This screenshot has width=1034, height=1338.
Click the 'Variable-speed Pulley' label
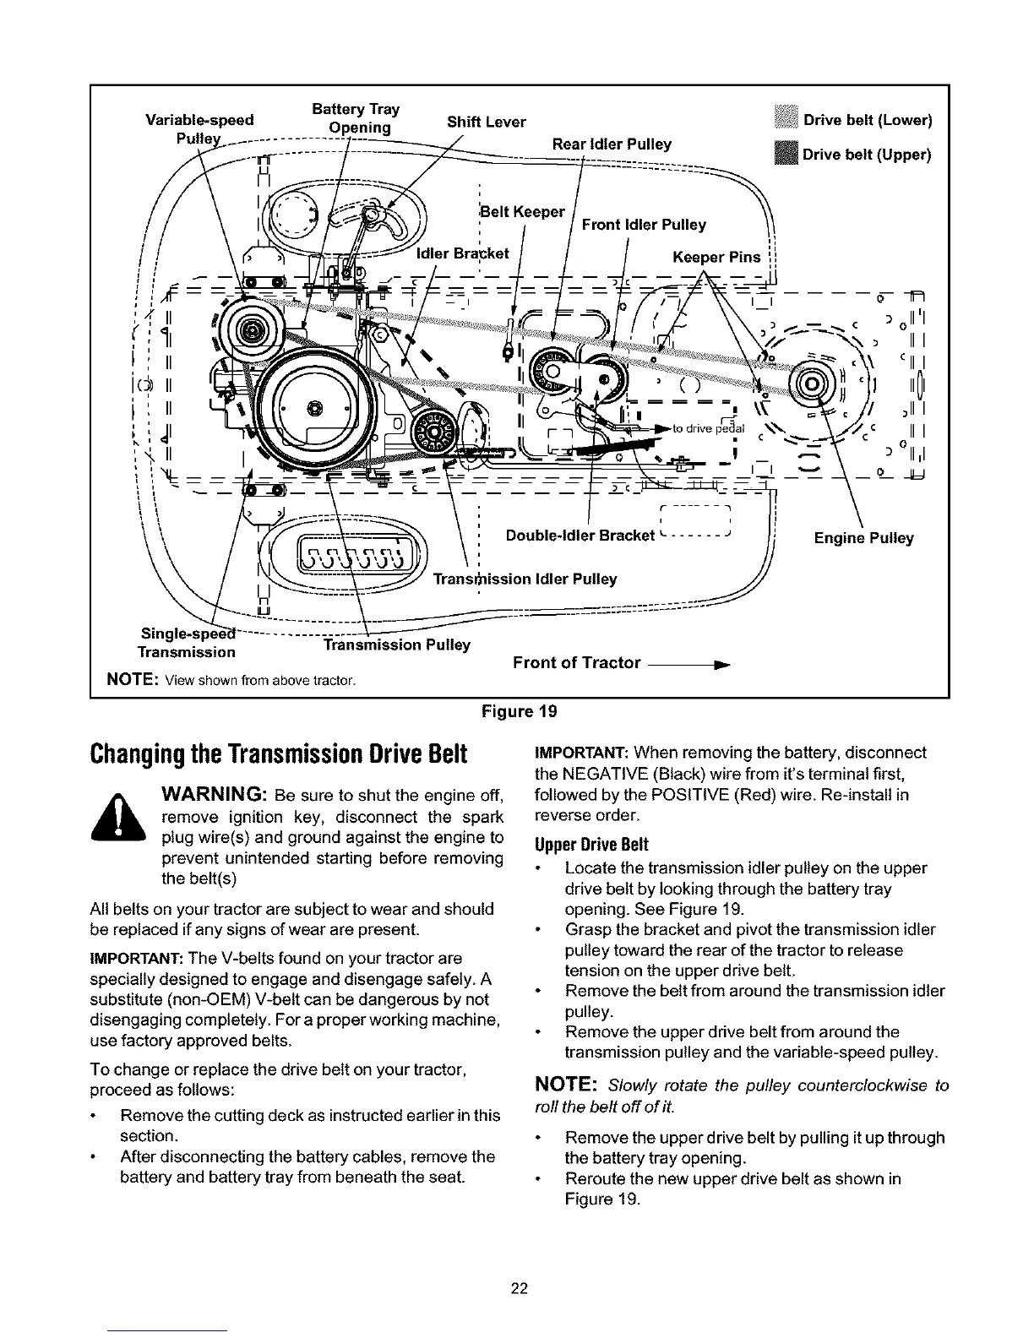pos(199,128)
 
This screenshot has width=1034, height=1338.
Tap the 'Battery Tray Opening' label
pos(355,119)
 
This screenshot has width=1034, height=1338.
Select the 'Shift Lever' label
pos(486,122)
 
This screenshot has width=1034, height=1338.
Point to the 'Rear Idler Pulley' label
pos(612,144)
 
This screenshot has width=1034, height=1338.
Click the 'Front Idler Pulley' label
pos(644,225)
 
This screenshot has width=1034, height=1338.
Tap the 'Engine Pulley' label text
pos(863,538)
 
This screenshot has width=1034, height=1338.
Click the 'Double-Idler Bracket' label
pos(580,536)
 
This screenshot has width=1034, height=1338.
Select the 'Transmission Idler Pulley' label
pos(525,579)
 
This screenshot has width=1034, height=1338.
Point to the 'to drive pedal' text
pos(708,428)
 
